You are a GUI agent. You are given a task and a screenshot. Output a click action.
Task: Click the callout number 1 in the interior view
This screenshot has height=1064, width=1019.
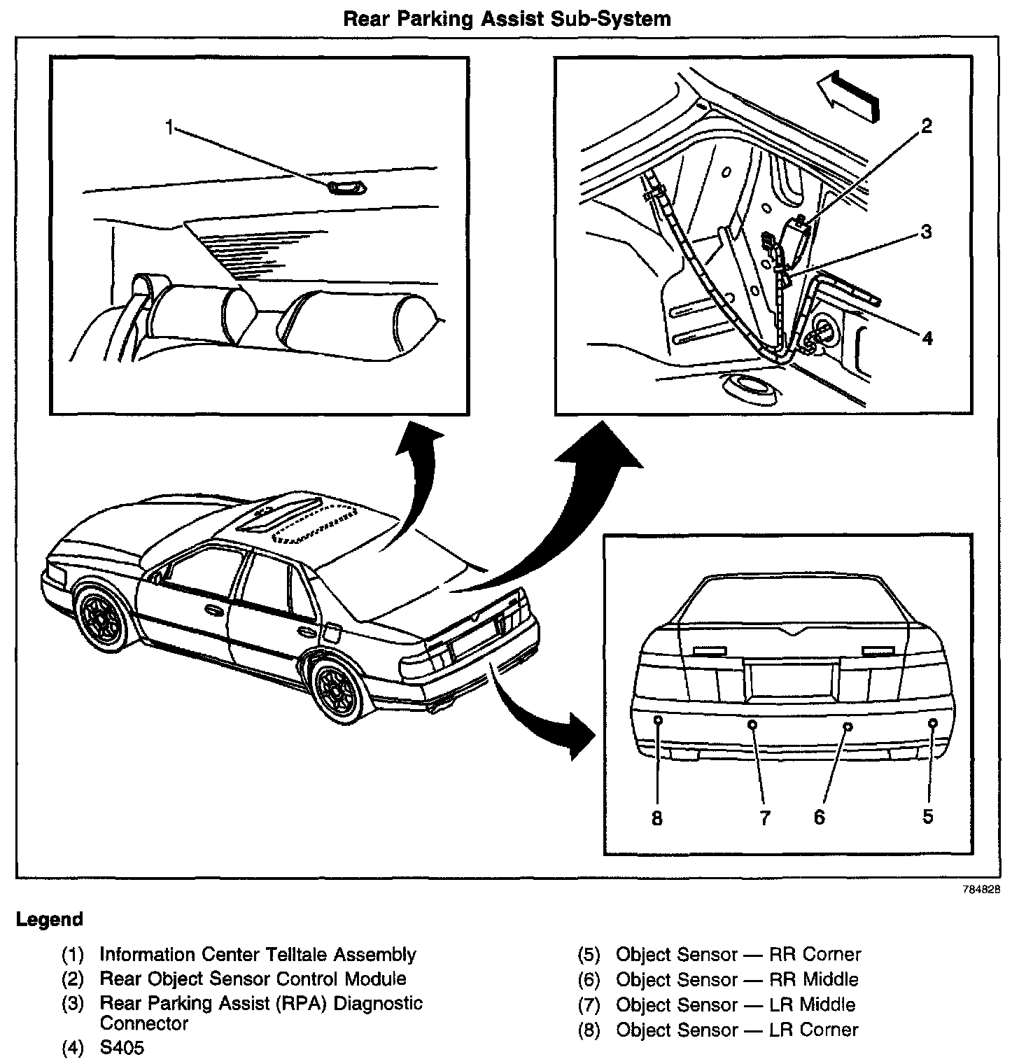pyautogui.click(x=169, y=126)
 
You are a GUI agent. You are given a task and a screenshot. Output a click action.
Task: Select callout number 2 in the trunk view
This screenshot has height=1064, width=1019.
pyautogui.click(x=926, y=126)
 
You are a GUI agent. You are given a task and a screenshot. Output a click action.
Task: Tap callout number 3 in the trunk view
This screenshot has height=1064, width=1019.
pyautogui.click(x=926, y=232)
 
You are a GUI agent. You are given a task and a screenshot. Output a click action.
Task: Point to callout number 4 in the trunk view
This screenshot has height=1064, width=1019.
pyautogui.click(x=927, y=338)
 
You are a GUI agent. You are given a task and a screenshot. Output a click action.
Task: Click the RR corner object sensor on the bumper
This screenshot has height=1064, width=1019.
pyautogui.click(x=932, y=722)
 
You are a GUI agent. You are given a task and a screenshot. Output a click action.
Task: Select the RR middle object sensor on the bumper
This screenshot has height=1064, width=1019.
pyautogui.click(x=848, y=726)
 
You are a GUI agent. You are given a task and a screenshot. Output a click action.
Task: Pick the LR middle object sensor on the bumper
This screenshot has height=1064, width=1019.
pyautogui.click(x=752, y=724)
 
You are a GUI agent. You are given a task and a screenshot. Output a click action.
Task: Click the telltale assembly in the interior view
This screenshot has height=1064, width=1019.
pyautogui.click(x=346, y=187)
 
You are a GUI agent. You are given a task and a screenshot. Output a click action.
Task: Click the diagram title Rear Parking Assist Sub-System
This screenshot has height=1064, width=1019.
pyautogui.click(x=507, y=18)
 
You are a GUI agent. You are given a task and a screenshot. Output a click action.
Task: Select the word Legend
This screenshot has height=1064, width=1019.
pyautogui.click(x=49, y=919)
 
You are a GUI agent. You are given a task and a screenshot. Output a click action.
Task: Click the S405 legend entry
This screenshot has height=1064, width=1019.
pyautogui.click(x=122, y=1049)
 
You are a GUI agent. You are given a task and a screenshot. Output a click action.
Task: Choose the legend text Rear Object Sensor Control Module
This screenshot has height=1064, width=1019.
pyautogui.click(x=253, y=979)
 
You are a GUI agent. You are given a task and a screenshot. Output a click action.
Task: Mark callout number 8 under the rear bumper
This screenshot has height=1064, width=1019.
pyautogui.click(x=656, y=818)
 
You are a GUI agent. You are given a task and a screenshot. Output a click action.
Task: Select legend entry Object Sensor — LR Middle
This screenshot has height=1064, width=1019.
pyautogui.click(x=735, y=1004)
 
